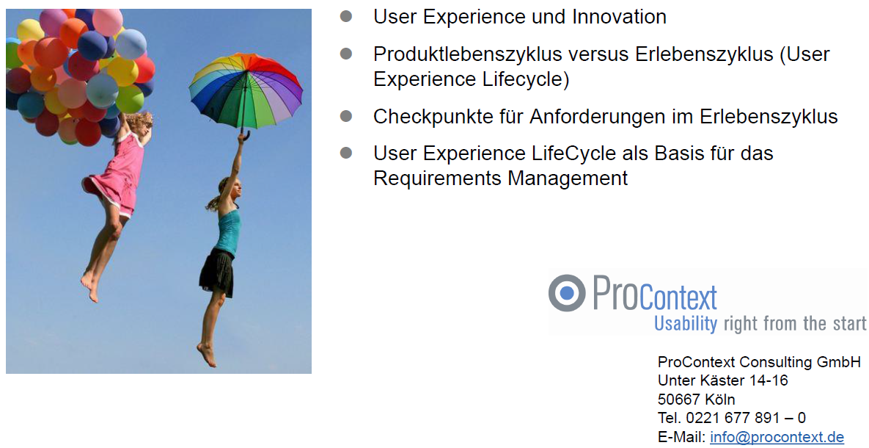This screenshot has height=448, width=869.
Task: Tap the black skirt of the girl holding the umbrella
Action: pyautogui.click(x=216, y=272)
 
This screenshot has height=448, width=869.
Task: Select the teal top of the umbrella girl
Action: pyautogui.click(x=228, y=231)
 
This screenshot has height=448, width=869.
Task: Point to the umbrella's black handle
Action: pyautogui.click(x=243, y=134)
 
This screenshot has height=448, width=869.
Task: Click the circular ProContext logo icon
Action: pyautogui.click(x=566, y=292)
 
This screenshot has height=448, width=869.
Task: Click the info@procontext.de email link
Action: pyautogui.click(x=777, y=437)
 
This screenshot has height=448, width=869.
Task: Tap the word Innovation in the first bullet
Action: pyautogui.click(x=619, y=17)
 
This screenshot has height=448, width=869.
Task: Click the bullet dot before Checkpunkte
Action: pyautogui.click(x=346, y=116)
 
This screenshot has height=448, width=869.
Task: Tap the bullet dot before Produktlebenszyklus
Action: pyautogui.click(x=346, y=54)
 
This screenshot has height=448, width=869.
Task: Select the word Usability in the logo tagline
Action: pyautogui.click(x=686, y=322)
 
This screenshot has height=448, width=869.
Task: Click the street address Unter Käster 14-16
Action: pyautogui.click(x=722, y=380)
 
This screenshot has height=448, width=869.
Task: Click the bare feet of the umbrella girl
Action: pyautogui.click(x=207, y=355)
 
